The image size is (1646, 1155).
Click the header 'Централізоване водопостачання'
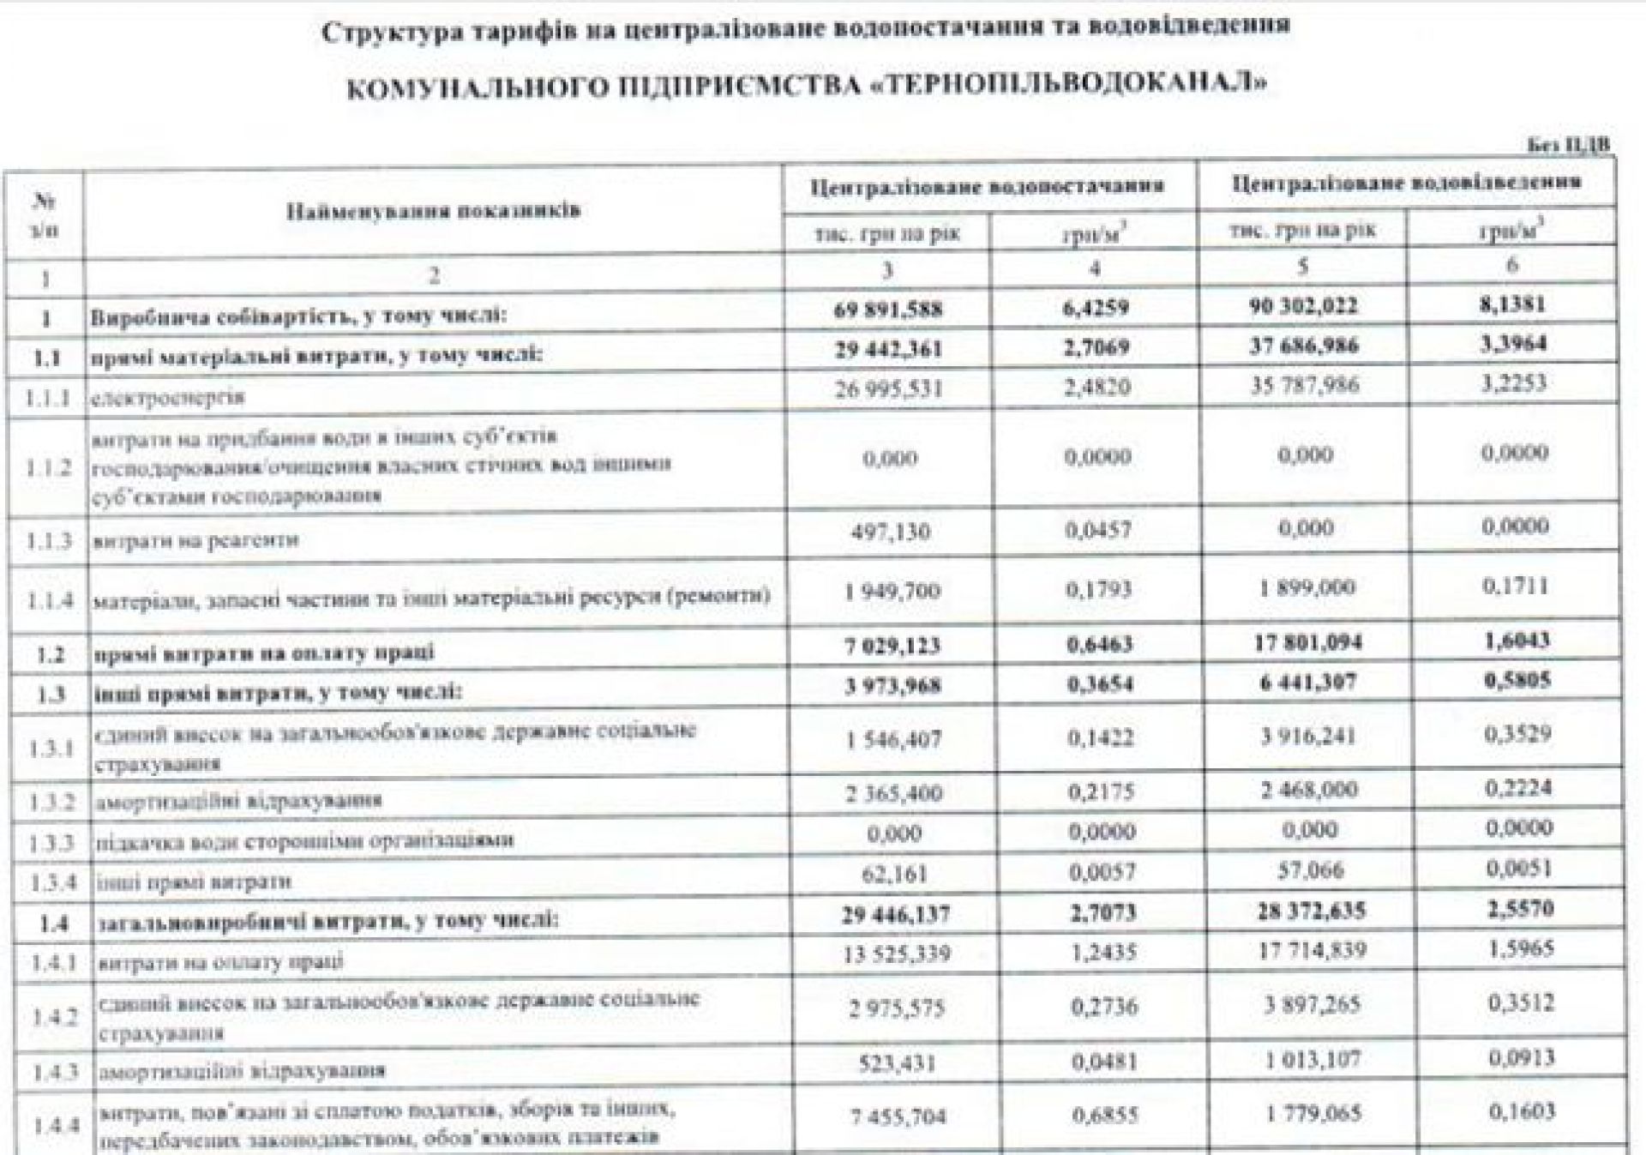pos(988,185)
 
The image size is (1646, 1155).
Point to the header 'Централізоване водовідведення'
pos(1406,183)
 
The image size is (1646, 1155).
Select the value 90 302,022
pos(1303,306)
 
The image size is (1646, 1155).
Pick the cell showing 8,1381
pos(1515,304)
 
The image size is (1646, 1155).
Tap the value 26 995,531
pos(888,388)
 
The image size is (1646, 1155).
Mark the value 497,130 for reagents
pos(891,532)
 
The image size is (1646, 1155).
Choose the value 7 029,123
pos(892,645)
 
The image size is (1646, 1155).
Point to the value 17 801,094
pos(1307,642)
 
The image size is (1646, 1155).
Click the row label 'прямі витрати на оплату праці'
pos(264,653)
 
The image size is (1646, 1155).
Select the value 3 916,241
pos(1307,737)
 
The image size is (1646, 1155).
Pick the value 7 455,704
pos(898,1116)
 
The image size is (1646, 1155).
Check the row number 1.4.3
pos(54,1071)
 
